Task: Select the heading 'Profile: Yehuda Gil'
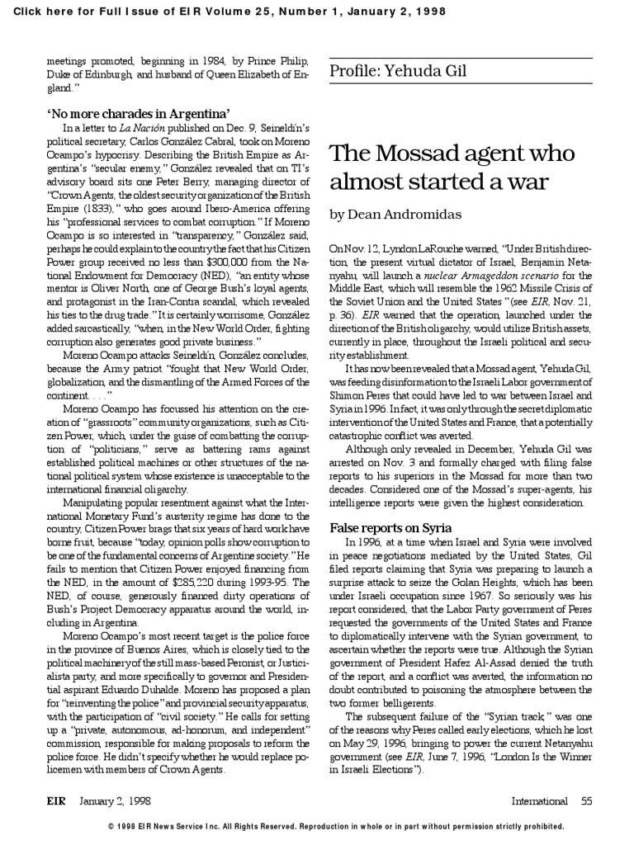pyautogui.click(x=398, y=71)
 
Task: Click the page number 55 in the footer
pyautogui.click(x=586, y=800)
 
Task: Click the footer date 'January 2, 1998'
pyautogui.click(x=116, y=800)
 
